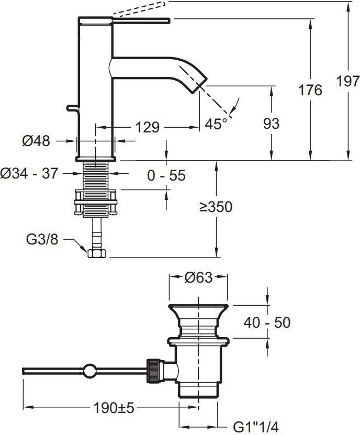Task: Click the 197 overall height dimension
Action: click(x=348, y=81)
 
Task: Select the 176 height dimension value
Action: click(x=310, y=90)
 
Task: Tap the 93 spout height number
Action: click(x=271, y=124)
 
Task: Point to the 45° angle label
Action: click(x=216, y=124)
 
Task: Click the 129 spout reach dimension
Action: click(x=148, y=127)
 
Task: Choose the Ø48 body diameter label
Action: click(x=36, y=141)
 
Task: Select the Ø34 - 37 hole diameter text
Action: click(x=29, y=173)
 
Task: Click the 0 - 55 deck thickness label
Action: click(x=166, y=175)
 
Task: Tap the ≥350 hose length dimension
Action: click(x=216, y=207)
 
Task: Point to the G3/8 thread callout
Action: click(x=42, y=239)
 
